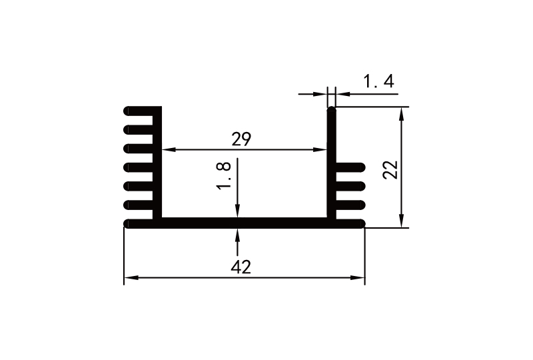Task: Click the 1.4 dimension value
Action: [379, 82]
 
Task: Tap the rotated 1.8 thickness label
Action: [225, 175]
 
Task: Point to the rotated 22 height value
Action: [391, 169]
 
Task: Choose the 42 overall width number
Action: [241, 267]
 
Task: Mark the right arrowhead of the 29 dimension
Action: [323, 150]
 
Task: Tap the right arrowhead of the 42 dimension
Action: [360, 278]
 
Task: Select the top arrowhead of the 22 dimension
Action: [402, 113]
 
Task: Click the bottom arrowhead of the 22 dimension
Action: [402, 222]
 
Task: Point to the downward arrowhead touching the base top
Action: [238, 212]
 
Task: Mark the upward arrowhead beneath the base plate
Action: [238, 233]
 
